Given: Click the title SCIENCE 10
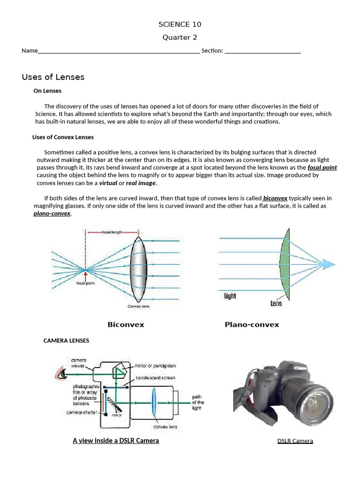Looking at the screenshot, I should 180,24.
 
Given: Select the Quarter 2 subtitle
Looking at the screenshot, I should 180,37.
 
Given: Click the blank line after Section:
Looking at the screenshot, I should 262,51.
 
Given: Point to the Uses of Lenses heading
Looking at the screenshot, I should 53,77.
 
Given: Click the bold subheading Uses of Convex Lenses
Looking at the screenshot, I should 63,137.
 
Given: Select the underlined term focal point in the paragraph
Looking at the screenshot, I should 322,167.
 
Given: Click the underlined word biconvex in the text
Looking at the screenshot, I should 275,198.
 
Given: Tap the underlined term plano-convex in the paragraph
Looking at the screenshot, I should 52,213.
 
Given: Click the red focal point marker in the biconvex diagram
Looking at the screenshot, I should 85,270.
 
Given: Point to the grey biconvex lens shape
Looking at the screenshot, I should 139,269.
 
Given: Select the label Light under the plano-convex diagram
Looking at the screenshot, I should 230,296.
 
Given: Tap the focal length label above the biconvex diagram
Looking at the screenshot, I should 112,232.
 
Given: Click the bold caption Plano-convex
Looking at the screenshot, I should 252,324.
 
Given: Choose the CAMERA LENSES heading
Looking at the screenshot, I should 66,340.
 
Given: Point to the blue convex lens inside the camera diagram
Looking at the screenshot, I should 153,402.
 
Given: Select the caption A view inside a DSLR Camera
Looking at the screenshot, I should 116,441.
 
